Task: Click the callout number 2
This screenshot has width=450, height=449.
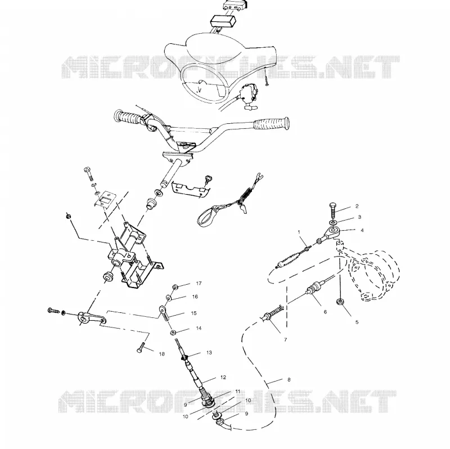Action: pyautogui.click(x=357, y=206)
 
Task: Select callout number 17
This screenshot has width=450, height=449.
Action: pyautogui.click(x=199, y=284)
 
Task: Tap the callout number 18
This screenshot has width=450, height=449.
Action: pyautogui.click(x=162, y=354)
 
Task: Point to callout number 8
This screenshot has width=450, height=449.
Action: pyautogui.click(x=289, y=380)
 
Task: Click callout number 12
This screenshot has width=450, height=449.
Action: pyautogui.click(x=223, y=377)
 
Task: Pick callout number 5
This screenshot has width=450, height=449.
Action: pyautogui.click(x=357, y=322)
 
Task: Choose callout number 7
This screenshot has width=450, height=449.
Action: pyautogui.click(x=285, y=340)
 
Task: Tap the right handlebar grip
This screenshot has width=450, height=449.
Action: pyautogui.click(x=272, y=124)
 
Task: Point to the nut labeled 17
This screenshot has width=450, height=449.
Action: pyautogui.click(x=175, y=286)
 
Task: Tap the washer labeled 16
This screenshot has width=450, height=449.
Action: pyautogui.click(x=169, y=298)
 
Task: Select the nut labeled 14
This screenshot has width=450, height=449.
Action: pyautogui.click(x=173, y=333)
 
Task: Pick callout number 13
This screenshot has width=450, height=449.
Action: pyautogui.click(x=209, y=353)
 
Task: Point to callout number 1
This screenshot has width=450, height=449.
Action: pyautogui.click(x=299, y=231)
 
